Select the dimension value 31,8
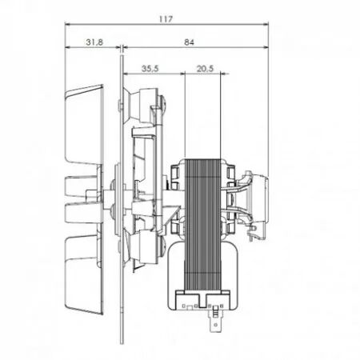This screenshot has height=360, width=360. [93, 42]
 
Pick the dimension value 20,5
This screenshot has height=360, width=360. [204, 70]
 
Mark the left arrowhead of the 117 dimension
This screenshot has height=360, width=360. [66, 24]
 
